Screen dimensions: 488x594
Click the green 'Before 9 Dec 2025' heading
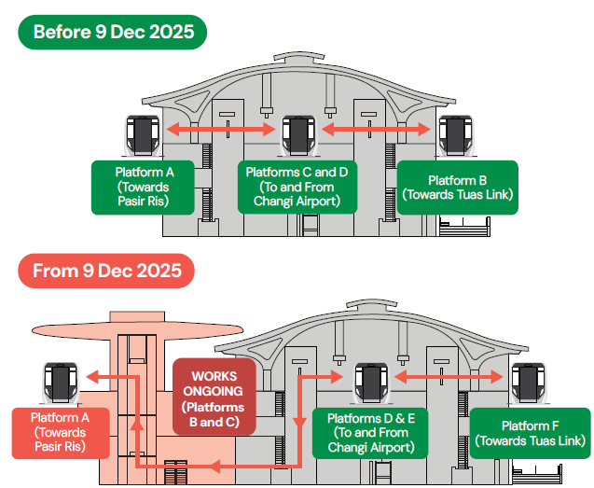click(x=113, y=32)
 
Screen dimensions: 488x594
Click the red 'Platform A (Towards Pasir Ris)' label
click(x=58, y=432)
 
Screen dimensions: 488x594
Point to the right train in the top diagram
click(x=456, y=133)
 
